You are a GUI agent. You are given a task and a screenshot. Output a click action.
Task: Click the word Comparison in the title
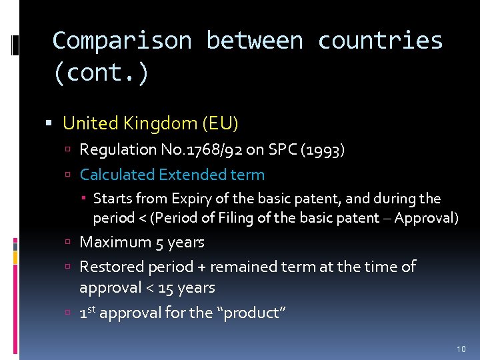121,41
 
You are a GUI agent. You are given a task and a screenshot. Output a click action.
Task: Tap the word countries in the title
380,41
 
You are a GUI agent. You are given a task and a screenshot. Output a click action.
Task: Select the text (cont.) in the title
101,73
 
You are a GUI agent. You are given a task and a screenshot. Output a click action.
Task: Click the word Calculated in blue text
117,175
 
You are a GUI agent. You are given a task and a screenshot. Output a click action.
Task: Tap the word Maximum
115,242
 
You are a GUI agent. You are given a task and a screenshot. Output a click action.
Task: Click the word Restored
111,267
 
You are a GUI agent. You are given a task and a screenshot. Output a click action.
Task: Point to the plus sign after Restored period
201,267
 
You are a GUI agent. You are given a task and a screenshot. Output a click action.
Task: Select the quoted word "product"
251,313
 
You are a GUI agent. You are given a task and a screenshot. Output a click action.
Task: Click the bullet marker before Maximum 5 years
69,243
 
